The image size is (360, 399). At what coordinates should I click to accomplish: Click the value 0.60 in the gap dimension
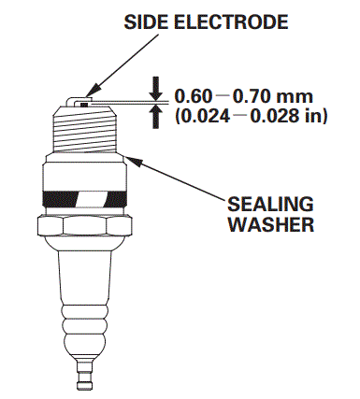pos(192,94)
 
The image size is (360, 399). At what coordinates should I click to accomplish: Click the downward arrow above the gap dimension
pos(157,86)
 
